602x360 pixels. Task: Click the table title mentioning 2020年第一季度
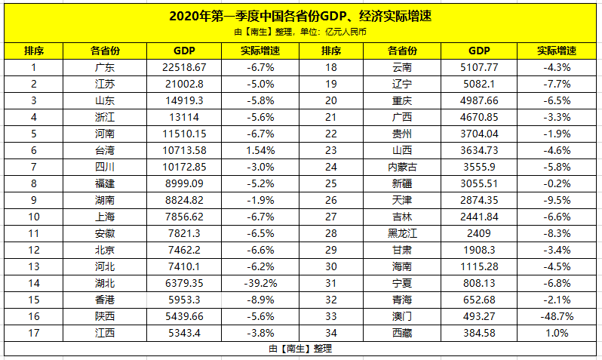tap(300, 16)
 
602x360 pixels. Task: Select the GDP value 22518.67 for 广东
tap(184, 67)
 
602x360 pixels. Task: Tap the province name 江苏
tap(105, 84)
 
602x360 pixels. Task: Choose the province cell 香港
tap(105, 300)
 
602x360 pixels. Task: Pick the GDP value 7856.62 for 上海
tap(184, 217)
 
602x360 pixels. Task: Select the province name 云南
tap(402, 67)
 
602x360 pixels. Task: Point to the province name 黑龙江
tap(402, 233)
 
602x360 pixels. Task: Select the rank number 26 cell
tap(330, 200)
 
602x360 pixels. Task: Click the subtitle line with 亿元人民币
tap(300, 32)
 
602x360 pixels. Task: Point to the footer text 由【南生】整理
tap(300, 349)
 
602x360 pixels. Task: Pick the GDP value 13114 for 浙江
tap(184, 117)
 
